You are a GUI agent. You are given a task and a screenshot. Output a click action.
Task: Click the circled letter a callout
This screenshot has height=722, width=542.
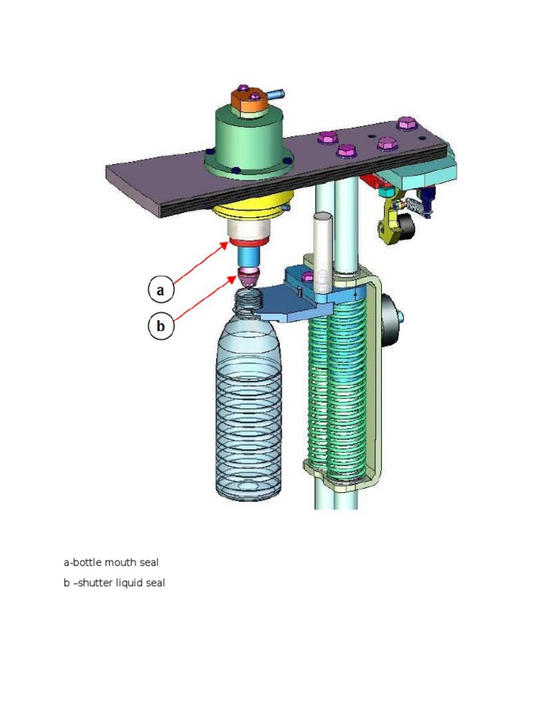(x=160, y=289)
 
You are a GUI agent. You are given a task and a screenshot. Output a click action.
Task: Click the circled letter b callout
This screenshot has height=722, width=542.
(x=160, y=326)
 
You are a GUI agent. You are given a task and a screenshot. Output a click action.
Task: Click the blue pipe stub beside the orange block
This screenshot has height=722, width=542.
(x=275, y=92)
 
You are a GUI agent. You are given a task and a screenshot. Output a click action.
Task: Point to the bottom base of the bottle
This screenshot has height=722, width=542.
(x=248, y=494)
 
